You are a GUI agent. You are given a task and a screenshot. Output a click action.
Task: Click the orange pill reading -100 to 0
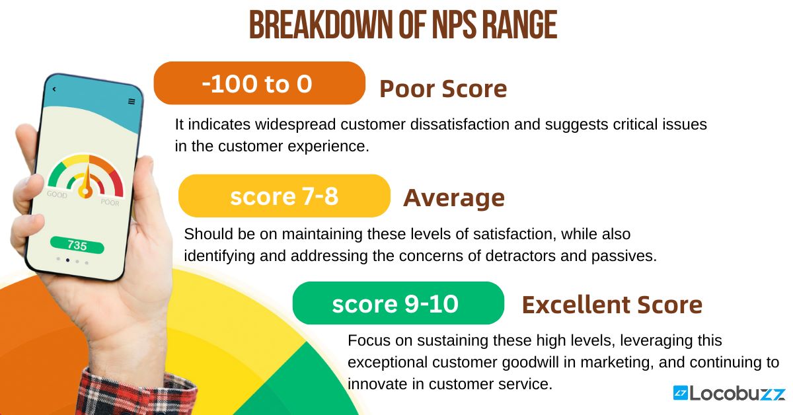pyautogui.click(x=259, y=83)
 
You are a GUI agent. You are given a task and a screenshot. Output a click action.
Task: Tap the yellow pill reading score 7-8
pyautogui.click(x=284, y=196)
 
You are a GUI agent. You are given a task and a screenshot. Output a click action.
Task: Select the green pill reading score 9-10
pyautogui.click(x=398, y=303)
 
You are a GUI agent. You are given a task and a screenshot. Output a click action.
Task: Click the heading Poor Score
pyautogui.click(x=443, y=89)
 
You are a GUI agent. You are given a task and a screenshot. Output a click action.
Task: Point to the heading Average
pyautogui.click(x=454, y=198)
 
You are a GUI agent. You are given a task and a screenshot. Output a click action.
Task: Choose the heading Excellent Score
pyautogui.click(x=612, y=305)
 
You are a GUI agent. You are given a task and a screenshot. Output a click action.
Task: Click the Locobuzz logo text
pyautogui.click(x=737, y=394)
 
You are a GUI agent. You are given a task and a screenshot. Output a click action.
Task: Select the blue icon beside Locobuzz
pyautogui.click(x=680, y=394)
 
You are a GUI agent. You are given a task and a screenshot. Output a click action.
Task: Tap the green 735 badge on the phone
pyautogui.click(x=77, y=245)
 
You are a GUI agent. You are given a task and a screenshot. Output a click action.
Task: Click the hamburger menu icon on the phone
pyautogui.click(x=132, y=101)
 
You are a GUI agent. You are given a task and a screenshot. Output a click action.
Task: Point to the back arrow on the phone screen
pyautogui.click(x=54, y=89)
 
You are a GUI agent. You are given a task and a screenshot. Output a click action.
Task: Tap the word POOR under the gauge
pyautogui.click(x=110, y=202)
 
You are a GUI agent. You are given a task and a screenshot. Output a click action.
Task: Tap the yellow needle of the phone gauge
pyautogui.click(x=84, y=185)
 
